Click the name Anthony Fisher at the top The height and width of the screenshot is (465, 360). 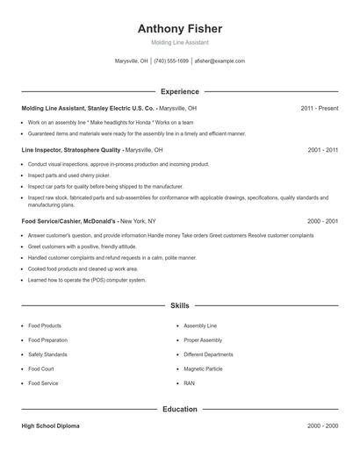(x=180, y=28)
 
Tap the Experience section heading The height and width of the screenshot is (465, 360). (x=180, y=91)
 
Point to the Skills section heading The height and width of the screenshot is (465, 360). (x=180, y=305)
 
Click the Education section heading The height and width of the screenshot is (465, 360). (x=180, y=409)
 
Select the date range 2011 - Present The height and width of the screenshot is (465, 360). (x=319, y=108)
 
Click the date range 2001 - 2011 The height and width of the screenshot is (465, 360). (x=323, y=150)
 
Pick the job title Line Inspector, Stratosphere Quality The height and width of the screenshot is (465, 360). (x=71, y=150)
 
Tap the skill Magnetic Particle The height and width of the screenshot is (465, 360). (x=204, y=369)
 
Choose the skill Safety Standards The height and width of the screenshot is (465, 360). (x=47, y=354)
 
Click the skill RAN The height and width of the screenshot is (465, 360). (x=190, y=383)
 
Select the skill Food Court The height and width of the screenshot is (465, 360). (x=41, y=369)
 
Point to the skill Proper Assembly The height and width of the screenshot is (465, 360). (x=203, y=340)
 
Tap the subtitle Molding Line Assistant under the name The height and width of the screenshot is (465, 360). (x=180, y=42)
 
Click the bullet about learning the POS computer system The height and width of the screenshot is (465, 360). (x=87, y=280)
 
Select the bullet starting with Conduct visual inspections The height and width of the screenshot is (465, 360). (x=118, y=164)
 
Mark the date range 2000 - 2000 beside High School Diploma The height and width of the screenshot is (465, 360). (x=323, y=426)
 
